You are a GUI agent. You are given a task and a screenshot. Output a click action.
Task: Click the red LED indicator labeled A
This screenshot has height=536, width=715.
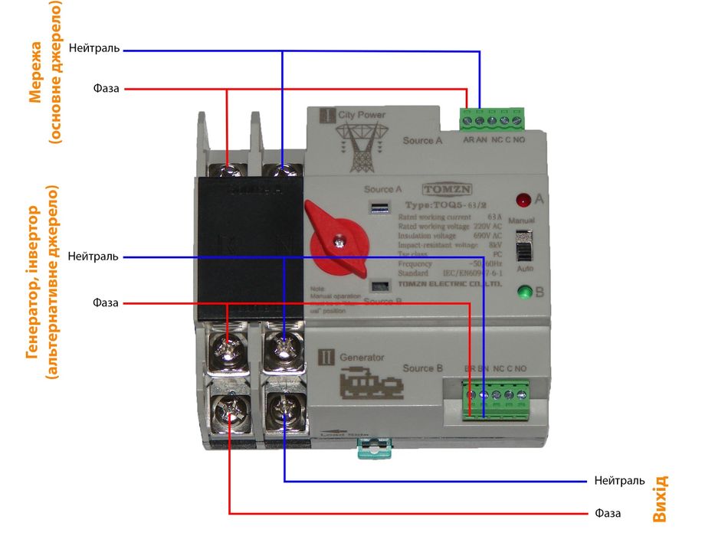coord(523,201)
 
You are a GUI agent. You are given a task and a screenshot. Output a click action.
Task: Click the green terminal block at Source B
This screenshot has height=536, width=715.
coord(497,399)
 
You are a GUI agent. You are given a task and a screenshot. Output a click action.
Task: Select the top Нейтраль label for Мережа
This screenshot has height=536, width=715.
coord(93,48)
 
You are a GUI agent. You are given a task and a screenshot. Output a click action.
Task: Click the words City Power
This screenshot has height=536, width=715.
coord(362,115)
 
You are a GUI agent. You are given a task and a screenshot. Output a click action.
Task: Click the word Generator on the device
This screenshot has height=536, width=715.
coord(361,357)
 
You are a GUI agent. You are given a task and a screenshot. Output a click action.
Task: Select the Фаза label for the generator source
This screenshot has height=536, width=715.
coord(106,302)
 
